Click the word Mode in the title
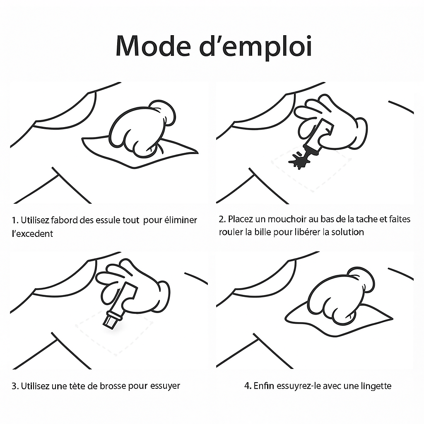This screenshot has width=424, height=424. point(153,46)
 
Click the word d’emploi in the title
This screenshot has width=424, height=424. point(255,46)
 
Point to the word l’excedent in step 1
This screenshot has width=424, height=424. point(32,234)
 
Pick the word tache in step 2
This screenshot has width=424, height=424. point(367,219)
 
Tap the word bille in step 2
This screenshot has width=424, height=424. point(263,232)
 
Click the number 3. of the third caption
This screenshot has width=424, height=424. point(15,386)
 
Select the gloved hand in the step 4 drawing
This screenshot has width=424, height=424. point(341,295)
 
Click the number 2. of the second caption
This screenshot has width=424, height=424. point(222,219)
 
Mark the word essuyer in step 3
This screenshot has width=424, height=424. point(165,386)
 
